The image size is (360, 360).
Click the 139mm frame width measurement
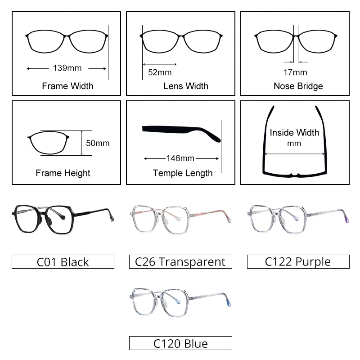pos(67,68)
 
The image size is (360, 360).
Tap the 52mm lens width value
pos(160,72)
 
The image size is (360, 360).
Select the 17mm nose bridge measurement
pos(296,72)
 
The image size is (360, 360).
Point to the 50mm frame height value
pos(98,143)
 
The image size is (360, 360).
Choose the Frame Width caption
pos(67,86)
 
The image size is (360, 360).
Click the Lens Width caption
pos(186,86)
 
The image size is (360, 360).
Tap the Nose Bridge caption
pos(298,86)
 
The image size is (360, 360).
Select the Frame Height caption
pos(63,173)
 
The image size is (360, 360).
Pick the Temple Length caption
pos(183,173)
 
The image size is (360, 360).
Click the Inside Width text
pos(294,133)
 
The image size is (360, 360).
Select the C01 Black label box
pos(63,262)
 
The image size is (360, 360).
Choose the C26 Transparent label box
pos(180,262)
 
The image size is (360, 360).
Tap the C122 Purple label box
pos(298,262)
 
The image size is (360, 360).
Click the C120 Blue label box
pos(180,344)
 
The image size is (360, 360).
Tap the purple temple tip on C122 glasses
pos(346,219)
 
